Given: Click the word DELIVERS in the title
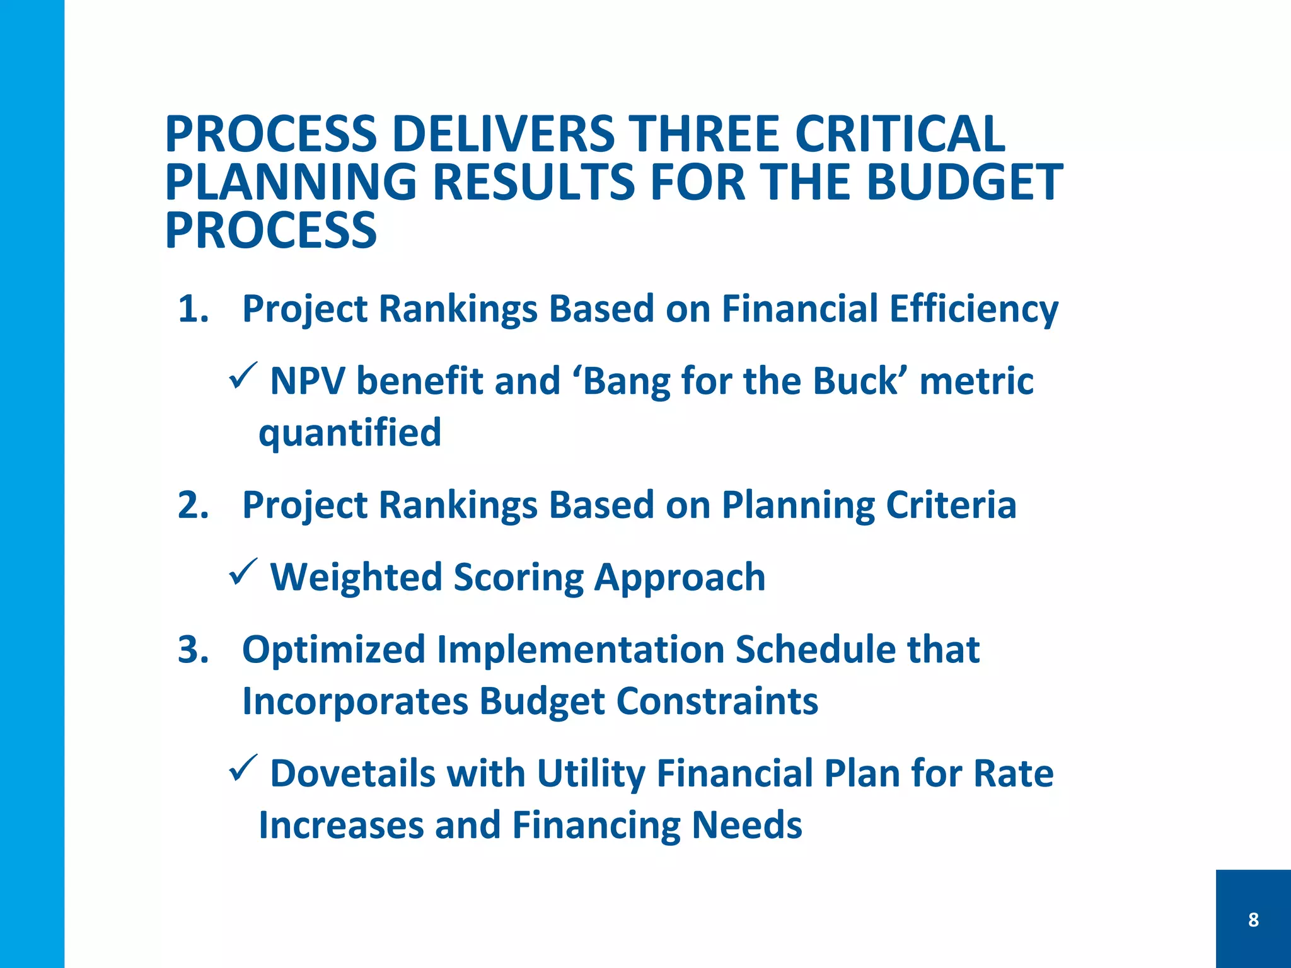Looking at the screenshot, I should coord(502,134).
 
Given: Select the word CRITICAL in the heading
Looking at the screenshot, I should coord(900,134).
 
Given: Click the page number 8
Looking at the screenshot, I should coord(1253,919).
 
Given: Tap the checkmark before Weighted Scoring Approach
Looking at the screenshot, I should coord(243,572).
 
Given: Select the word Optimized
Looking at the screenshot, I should coord(333,650).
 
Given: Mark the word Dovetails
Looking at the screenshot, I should coord(353,773).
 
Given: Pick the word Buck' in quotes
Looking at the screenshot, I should coord(859,381).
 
